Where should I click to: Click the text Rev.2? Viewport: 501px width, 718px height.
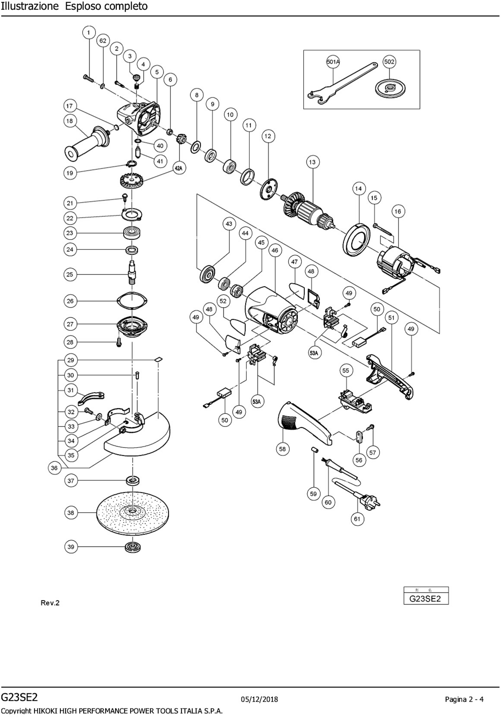pyautogui.click(x=50, y=603)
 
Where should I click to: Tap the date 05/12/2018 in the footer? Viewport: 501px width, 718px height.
pyautogui.click(x=259, y=699)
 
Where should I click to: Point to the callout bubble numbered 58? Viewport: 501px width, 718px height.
pyautogui.click(x=282, y=449)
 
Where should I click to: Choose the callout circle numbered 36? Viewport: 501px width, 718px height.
pyautogui.click(x=54, y=468)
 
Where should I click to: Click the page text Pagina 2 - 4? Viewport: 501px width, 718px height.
pyautogui.click(x=464, y=699)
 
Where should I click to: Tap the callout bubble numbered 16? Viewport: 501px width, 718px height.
pyautogui.click(x=397, y=211)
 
